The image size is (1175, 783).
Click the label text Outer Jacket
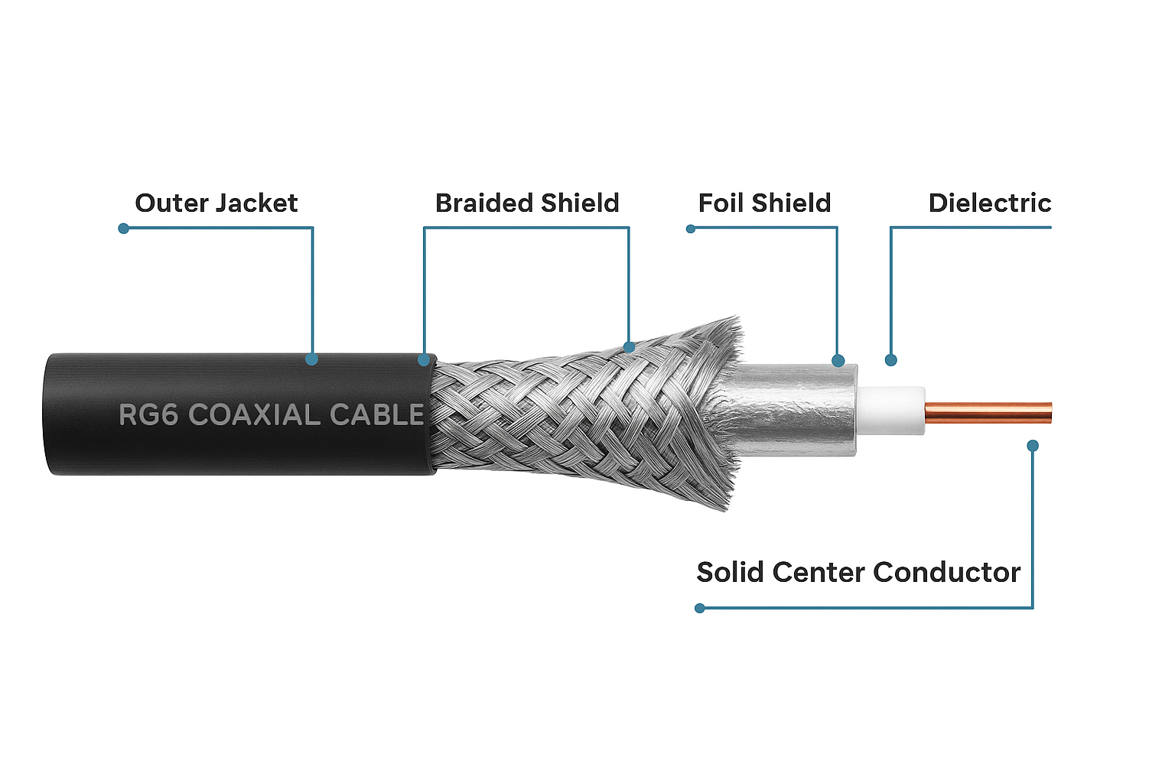pos(216,203)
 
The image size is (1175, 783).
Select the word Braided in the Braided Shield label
pos(484,203)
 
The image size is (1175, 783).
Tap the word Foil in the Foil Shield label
pos(721,203)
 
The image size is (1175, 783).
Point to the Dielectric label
pos(989,203)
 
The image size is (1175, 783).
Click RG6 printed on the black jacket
pos(148,414)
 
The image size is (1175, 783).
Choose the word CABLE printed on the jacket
pos(376,414)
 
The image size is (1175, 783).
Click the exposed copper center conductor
pos(987,412)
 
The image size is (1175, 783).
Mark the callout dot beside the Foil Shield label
pos(691,229)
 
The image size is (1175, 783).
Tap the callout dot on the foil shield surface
pos(838,361)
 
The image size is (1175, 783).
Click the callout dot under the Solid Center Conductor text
pos(699,608)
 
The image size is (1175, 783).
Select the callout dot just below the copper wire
pos(1033,445)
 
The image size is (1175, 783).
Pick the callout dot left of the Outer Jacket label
pos(123,229)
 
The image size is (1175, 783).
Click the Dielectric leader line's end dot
pos(890,360)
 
